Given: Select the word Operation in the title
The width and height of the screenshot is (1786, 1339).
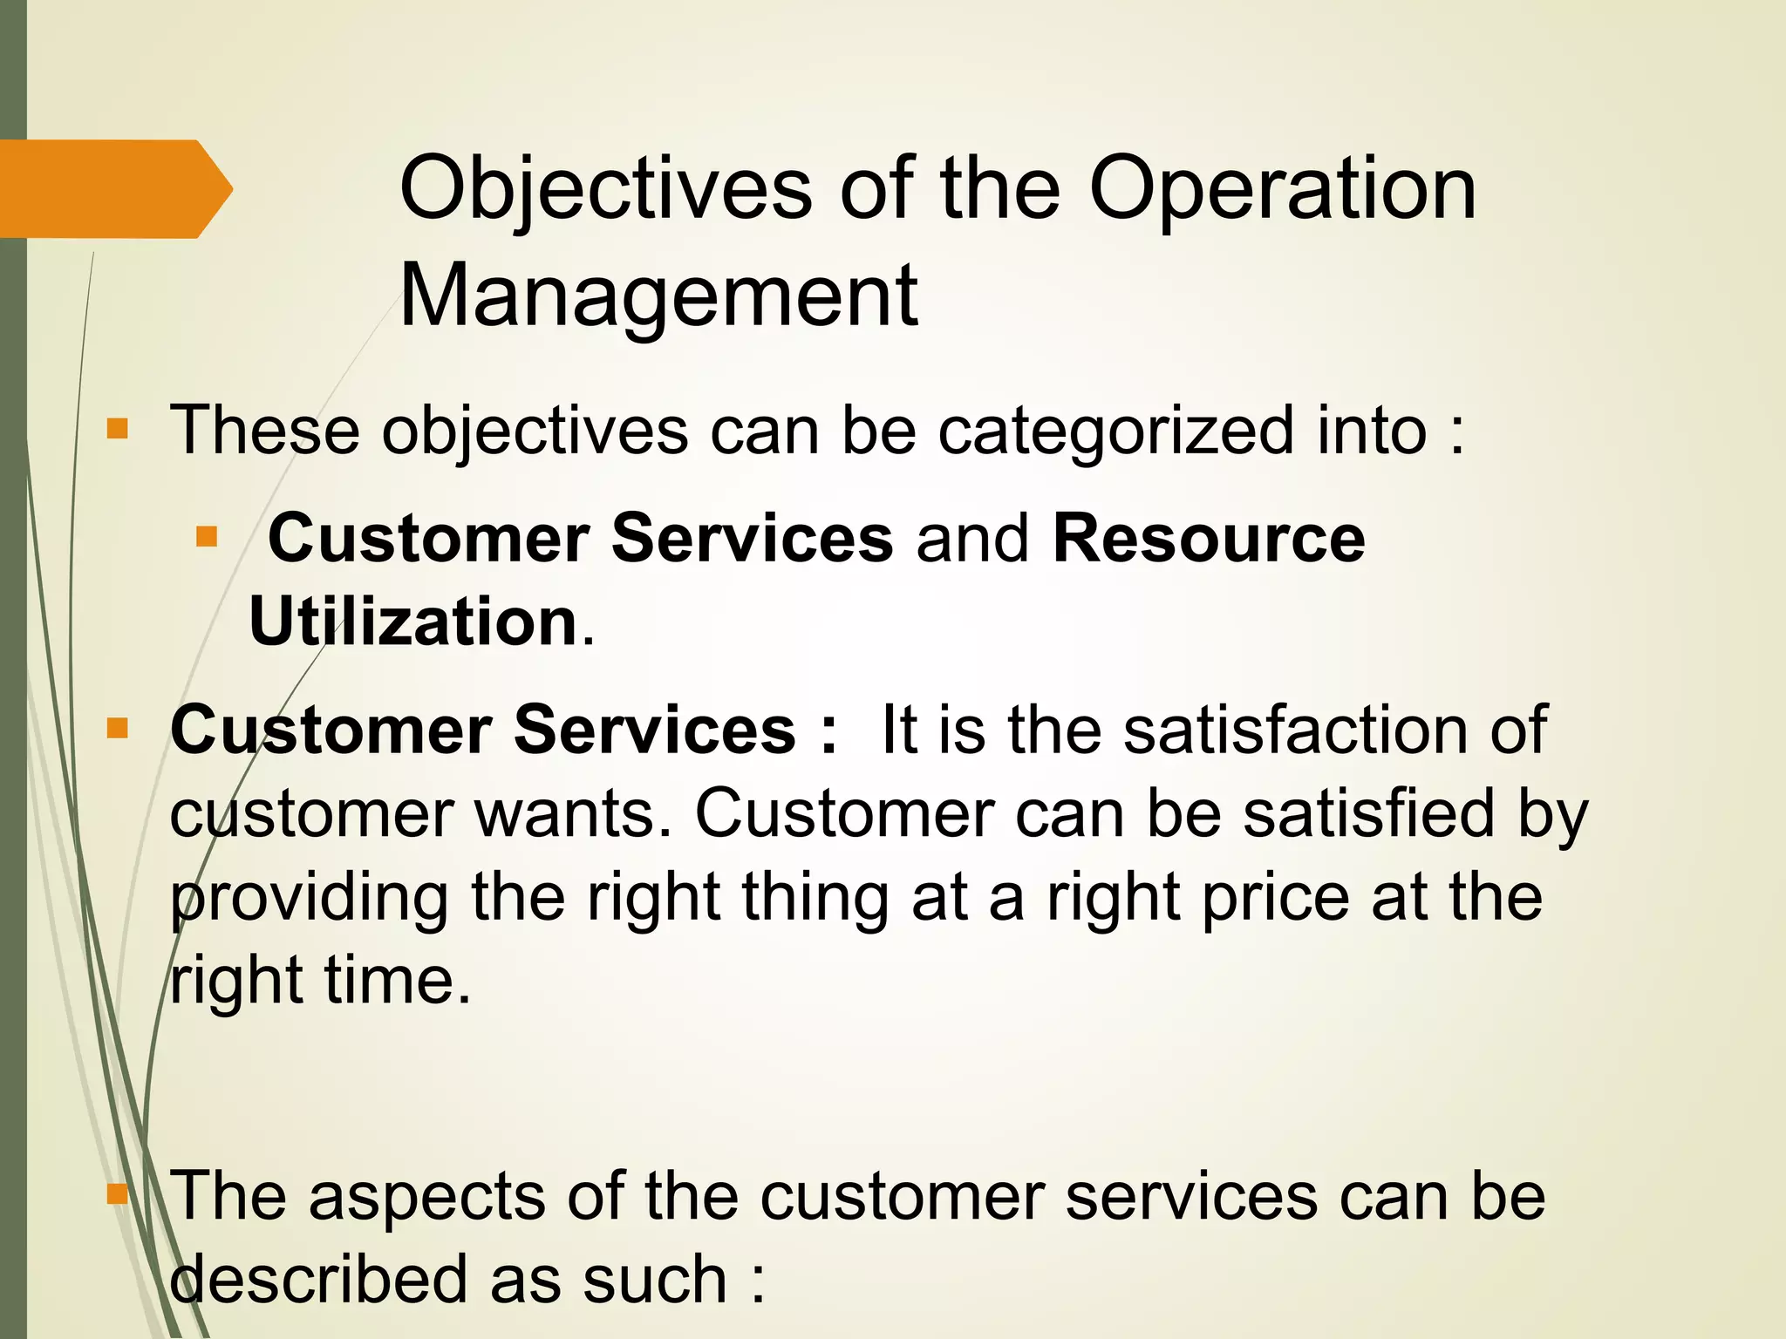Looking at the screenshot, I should [1282, 190].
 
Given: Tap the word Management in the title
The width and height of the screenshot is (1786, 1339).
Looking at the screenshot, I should [658, 296].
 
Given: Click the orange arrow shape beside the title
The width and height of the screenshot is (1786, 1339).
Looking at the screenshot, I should [113, 188].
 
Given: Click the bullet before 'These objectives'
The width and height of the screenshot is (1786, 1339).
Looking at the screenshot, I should [117, 429].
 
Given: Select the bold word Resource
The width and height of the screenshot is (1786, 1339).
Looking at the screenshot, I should [1209, 538].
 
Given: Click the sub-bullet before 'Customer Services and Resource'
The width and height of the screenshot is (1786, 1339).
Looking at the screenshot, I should [207, 535].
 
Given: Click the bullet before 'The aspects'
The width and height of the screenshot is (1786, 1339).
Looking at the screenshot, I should [117, 1193].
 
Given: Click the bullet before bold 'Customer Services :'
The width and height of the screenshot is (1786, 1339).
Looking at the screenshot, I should [117, 728].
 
